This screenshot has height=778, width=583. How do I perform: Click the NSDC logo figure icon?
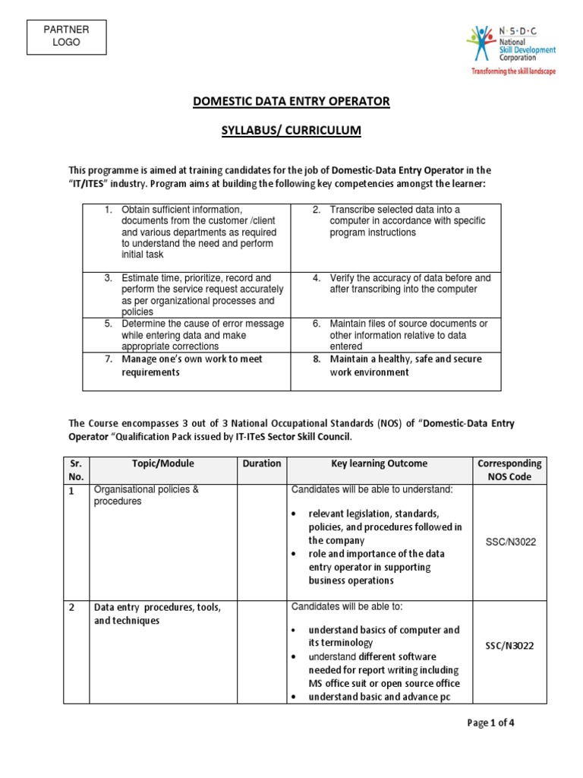pos(481,44)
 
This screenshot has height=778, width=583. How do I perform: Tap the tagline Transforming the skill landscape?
pos(513,71)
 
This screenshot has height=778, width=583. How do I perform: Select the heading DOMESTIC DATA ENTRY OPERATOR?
pos(291,102)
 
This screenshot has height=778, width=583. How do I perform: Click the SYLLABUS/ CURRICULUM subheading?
pos(291,131)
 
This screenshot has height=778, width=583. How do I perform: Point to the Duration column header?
pos(262,463)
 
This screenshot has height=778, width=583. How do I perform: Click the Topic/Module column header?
pos(163,463)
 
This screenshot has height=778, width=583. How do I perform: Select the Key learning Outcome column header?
pos(379,463)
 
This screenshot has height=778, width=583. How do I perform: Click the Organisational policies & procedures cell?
pos(146,495)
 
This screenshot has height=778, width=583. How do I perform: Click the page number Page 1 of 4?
pos(490,723)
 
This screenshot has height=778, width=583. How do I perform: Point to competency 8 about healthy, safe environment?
pos(405,365)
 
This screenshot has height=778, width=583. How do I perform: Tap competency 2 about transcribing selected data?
pos(407,221)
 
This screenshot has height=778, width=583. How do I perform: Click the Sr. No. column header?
pos(76,470)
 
